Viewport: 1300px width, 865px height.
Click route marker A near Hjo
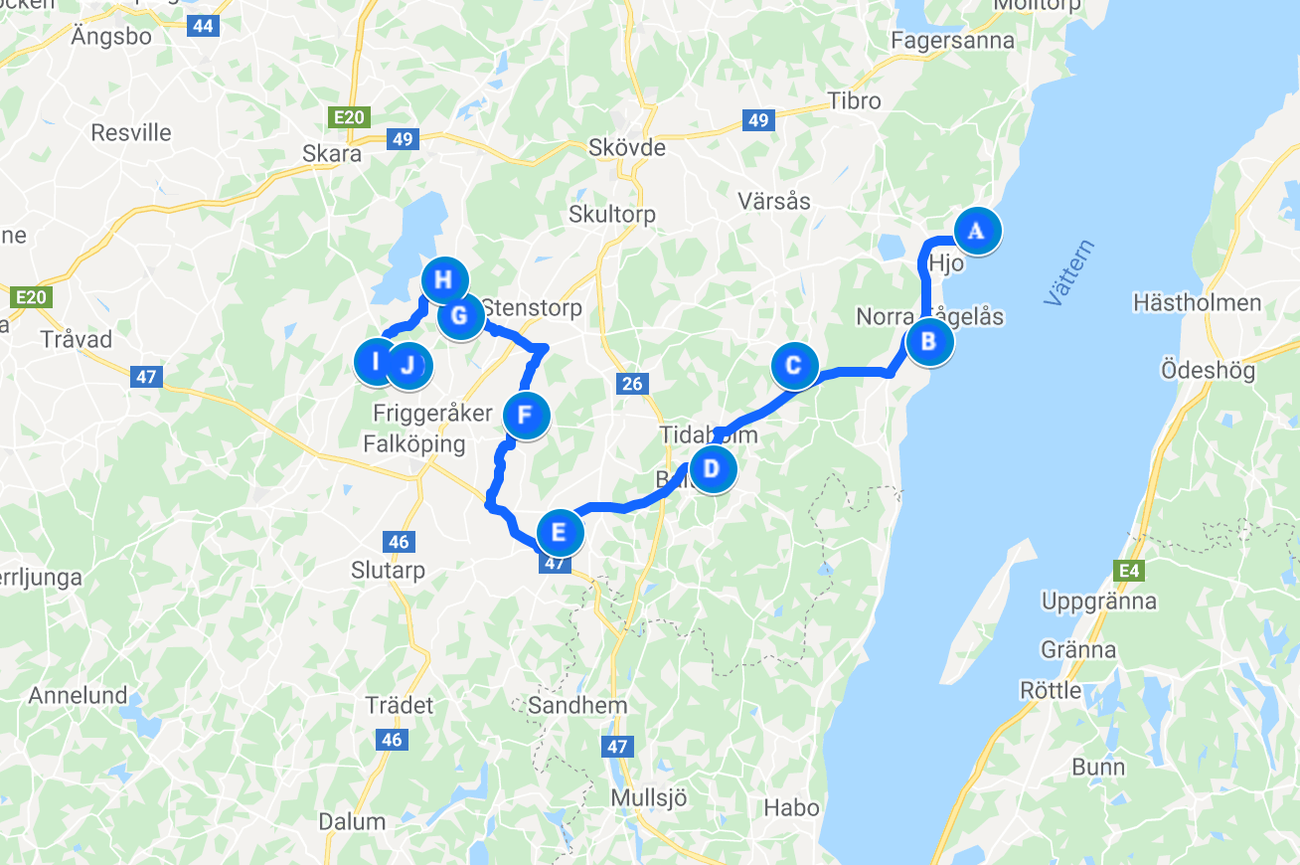click(977, 231)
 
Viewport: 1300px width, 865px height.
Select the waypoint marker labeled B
click(928, 342)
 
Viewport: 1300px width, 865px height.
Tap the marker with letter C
click(793, 365)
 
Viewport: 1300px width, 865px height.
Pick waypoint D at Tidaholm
click(711, 468)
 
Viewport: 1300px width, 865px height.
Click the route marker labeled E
click(559, 532)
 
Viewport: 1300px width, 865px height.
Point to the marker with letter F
click(526, 415)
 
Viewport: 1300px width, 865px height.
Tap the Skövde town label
click(626, 148)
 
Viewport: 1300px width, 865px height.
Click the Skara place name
click(332, 155)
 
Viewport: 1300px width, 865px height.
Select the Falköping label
click(414, 443)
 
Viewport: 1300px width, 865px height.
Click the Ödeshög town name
click(1208, 371)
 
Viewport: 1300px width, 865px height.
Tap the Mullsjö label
click(649, 798)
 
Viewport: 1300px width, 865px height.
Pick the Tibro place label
click(855, 101)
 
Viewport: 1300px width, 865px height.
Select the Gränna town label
click(1078, 650)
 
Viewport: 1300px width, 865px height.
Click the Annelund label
click(78, 695)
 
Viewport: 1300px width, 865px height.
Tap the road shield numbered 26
click(632, 384)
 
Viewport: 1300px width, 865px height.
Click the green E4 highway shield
click(1126, 570)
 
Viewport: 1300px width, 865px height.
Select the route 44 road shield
click(203, 26)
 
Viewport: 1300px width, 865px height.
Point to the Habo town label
click(792, 807)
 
